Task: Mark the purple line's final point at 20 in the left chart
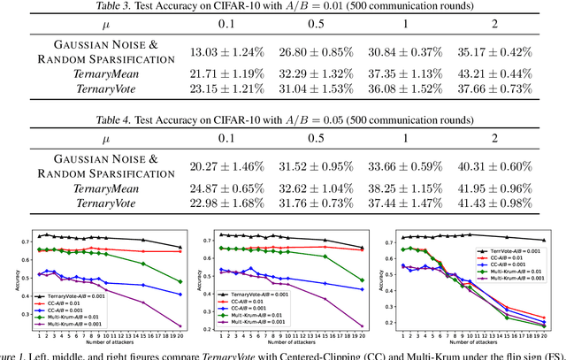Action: coord(181,326)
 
